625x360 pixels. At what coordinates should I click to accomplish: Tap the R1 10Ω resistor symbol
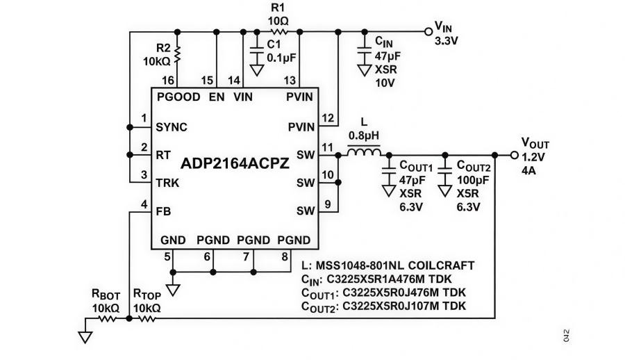point(279,31)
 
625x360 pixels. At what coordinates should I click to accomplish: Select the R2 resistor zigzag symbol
point(178,53)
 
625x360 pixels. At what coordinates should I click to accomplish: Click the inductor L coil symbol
point(363,154)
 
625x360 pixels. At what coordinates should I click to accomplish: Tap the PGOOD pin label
point(178,97)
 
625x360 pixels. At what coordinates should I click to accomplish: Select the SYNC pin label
point(172,127)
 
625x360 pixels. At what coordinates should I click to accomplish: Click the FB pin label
point(164,211)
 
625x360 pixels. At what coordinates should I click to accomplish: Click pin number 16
point(167,80)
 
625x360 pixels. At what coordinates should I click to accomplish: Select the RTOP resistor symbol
point(147,319)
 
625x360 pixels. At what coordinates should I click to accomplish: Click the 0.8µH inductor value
point(364,136)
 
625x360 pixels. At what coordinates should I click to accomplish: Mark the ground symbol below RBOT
point(85,336)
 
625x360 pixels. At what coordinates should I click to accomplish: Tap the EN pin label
point(217,97)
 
